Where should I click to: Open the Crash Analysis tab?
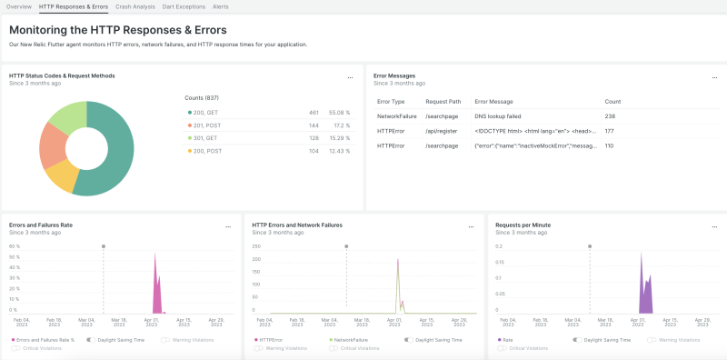point(135,6)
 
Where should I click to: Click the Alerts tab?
point(220,6)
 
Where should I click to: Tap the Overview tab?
point(19,6)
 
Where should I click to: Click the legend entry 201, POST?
point(204,124)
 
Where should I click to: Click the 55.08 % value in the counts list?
point(338,111)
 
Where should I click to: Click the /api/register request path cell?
point(441,131)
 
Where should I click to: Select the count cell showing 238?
point(610,116)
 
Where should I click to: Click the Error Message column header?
point(493,102)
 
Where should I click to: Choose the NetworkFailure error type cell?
point(396,116)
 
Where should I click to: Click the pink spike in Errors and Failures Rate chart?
point(156,291)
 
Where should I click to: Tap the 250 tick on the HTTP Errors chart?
point(255,245)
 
